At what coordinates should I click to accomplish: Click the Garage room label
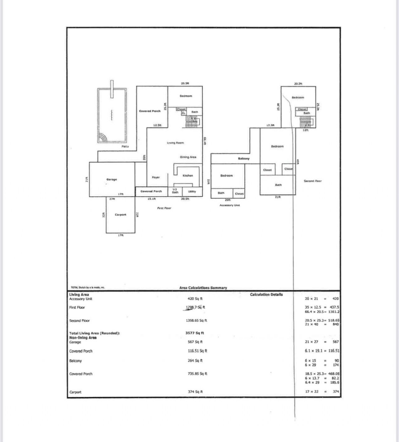[112, 180]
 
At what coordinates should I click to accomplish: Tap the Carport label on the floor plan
[120, 215]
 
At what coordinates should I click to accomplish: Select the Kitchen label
[188, 176]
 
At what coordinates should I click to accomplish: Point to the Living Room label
[175, 143]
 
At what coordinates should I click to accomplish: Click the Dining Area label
[188, 157]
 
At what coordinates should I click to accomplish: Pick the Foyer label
[156, 177]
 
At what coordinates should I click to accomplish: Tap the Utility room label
[192, 191]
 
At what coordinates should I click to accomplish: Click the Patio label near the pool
[125, 146]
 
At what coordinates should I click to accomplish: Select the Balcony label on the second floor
[244, 159]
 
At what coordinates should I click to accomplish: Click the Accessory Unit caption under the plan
[229, 205]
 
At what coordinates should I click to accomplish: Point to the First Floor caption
[164, 208]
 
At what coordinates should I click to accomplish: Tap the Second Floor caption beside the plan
[313, 181]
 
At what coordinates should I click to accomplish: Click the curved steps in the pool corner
[103, 138]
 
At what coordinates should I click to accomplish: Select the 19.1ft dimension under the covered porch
[151, 199]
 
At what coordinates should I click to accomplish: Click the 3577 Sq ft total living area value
[195, 333]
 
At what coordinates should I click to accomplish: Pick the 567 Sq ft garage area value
[195, 342]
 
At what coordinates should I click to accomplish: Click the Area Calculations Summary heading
[203, 288]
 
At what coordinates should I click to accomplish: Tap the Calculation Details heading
[266, 294]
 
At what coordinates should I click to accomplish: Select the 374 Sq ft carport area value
[195, 392]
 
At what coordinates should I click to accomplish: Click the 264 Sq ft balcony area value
[195, 361]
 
